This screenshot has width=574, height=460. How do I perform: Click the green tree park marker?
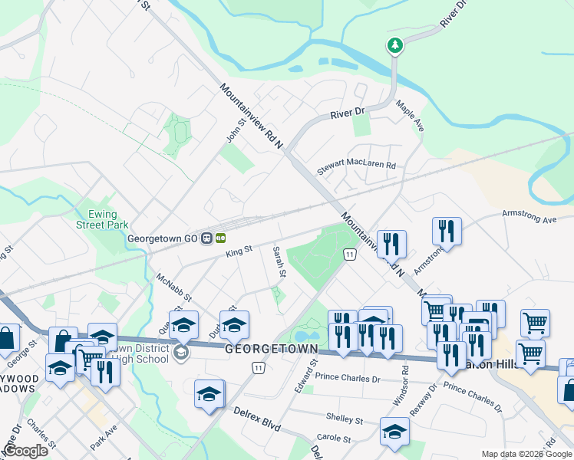tap(395, 46)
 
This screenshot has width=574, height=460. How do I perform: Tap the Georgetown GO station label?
tap(163, 238)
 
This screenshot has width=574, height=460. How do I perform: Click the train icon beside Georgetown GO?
tap(207, 238)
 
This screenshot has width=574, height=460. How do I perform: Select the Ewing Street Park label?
tap(101, 220)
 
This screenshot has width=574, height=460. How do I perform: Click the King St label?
tap(239, 251)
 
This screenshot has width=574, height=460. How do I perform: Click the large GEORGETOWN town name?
tap(271, 349)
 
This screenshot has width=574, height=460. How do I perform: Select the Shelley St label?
tap(344, 420)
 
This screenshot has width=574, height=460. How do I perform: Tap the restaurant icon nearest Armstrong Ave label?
tap(446, 230)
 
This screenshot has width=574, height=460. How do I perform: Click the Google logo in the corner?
tap(25, 451)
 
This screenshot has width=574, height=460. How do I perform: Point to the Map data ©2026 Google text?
tap(526, 454)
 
